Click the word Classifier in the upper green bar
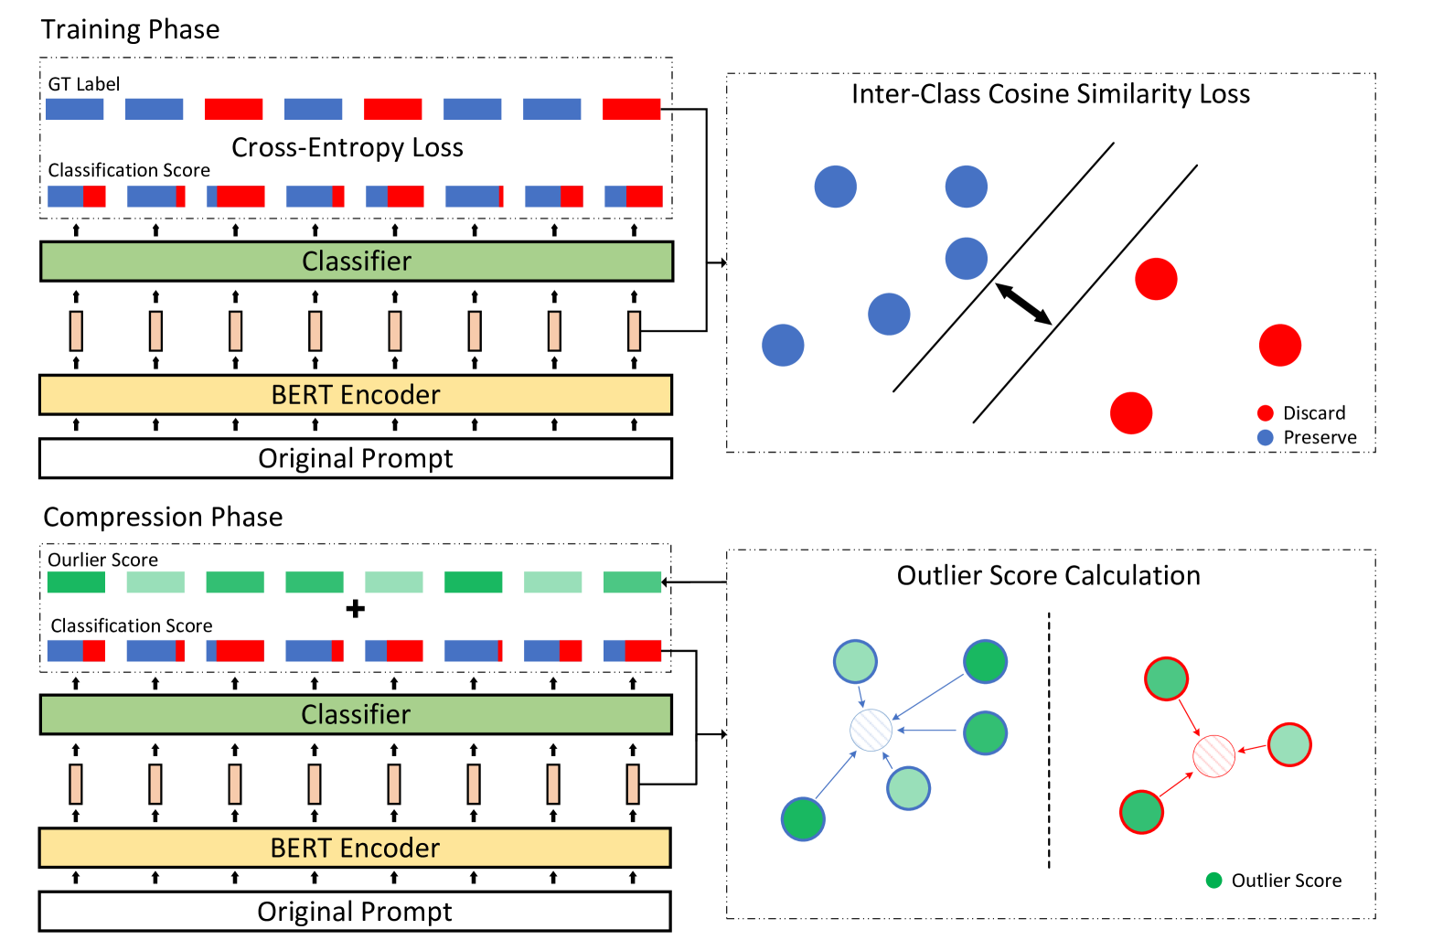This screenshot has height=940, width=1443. tap(357, 262)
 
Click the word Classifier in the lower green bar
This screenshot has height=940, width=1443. tap(356, 714)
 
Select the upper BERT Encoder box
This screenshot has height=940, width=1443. tap(356, 395)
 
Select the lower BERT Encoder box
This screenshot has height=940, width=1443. tap(355, 848)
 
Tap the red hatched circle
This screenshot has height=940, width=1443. tap(1213, 756)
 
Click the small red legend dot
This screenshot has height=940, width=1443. tap(1266, 412)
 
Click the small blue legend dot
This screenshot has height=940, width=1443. tap(1266, 437)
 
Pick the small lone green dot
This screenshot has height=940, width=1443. tap(1213, 880)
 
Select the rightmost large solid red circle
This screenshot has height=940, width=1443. tap(1280, 345)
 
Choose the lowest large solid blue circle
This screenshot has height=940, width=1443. tap(783, 345)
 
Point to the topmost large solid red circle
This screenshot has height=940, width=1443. tap(1156, 279)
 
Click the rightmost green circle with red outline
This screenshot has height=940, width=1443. tap(1289, 744)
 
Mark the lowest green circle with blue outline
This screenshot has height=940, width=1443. tap(803, 819)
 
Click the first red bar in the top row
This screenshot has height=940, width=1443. tap(234, 110)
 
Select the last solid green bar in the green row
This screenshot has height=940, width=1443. tap(632, 582)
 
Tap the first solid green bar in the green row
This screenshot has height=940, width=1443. tap(76, 582)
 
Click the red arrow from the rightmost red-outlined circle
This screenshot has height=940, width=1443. tap(1253, 749)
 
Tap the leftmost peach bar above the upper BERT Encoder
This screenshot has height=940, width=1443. tap(76, 330)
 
